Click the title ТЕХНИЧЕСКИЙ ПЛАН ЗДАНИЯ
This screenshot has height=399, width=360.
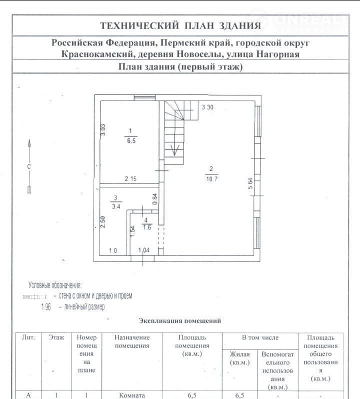click(x=180, y=26)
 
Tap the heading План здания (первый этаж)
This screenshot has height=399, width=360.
click(x=180, y=67)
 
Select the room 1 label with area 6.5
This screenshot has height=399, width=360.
click(x=130, y=135)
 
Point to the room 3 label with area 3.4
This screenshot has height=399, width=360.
click(x=115, y=202)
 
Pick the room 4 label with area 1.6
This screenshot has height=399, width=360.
click(x=146, y=223)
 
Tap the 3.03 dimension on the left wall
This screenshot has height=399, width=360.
click(x=103, y=129)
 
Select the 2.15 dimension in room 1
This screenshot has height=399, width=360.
click(x=130, y=179)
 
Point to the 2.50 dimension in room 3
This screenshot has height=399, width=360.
click(x=103, y=220)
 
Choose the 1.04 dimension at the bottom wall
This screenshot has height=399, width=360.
click(x=144, y=250)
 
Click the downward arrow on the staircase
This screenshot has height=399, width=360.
click(x=175, y=149)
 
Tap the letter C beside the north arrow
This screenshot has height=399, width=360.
click(x=29, y=166)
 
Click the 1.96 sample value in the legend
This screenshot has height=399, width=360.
click(x=46, y=307)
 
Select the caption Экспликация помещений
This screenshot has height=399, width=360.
click(x=179, y=321)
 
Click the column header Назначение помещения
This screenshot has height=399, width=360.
click(x=132, y=341)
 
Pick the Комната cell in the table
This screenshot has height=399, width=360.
click(x=132, y=395)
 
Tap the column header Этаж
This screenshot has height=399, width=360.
click(x=56, y=337)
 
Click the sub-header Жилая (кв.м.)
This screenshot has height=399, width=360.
click(x=239, y=358)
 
